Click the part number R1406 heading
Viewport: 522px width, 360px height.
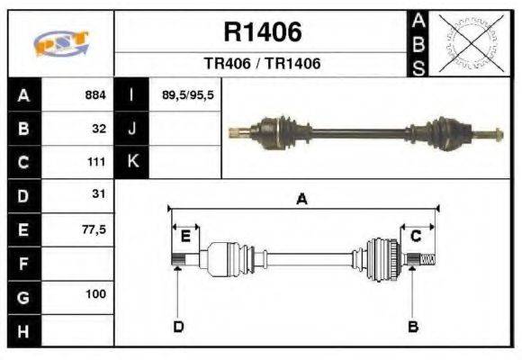262,33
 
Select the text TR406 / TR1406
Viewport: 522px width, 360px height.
262,65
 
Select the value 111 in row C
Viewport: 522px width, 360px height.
97,162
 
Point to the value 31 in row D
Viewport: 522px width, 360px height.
99,194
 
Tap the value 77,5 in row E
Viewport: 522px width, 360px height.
94,229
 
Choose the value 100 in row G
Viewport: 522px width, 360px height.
96,295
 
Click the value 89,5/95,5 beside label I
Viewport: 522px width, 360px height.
187,94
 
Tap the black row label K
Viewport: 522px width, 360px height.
131,162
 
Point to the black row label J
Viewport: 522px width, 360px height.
131,128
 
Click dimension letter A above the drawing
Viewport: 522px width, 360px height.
301,200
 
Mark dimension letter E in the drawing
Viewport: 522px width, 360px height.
185,236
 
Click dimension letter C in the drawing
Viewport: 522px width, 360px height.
416,236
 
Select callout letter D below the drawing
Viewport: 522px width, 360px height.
178,326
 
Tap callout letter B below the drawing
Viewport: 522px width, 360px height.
413,326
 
